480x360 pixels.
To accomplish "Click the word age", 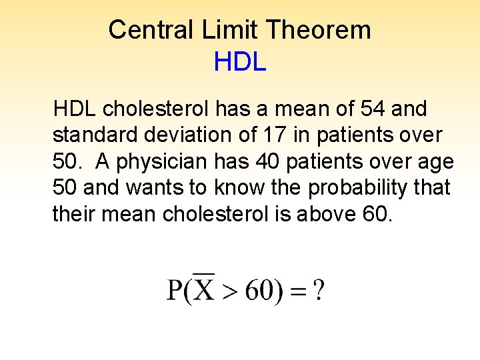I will tap(438, 161).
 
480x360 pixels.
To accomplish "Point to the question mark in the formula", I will tap(319, 290).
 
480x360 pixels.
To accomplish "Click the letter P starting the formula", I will tap(175, 290).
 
